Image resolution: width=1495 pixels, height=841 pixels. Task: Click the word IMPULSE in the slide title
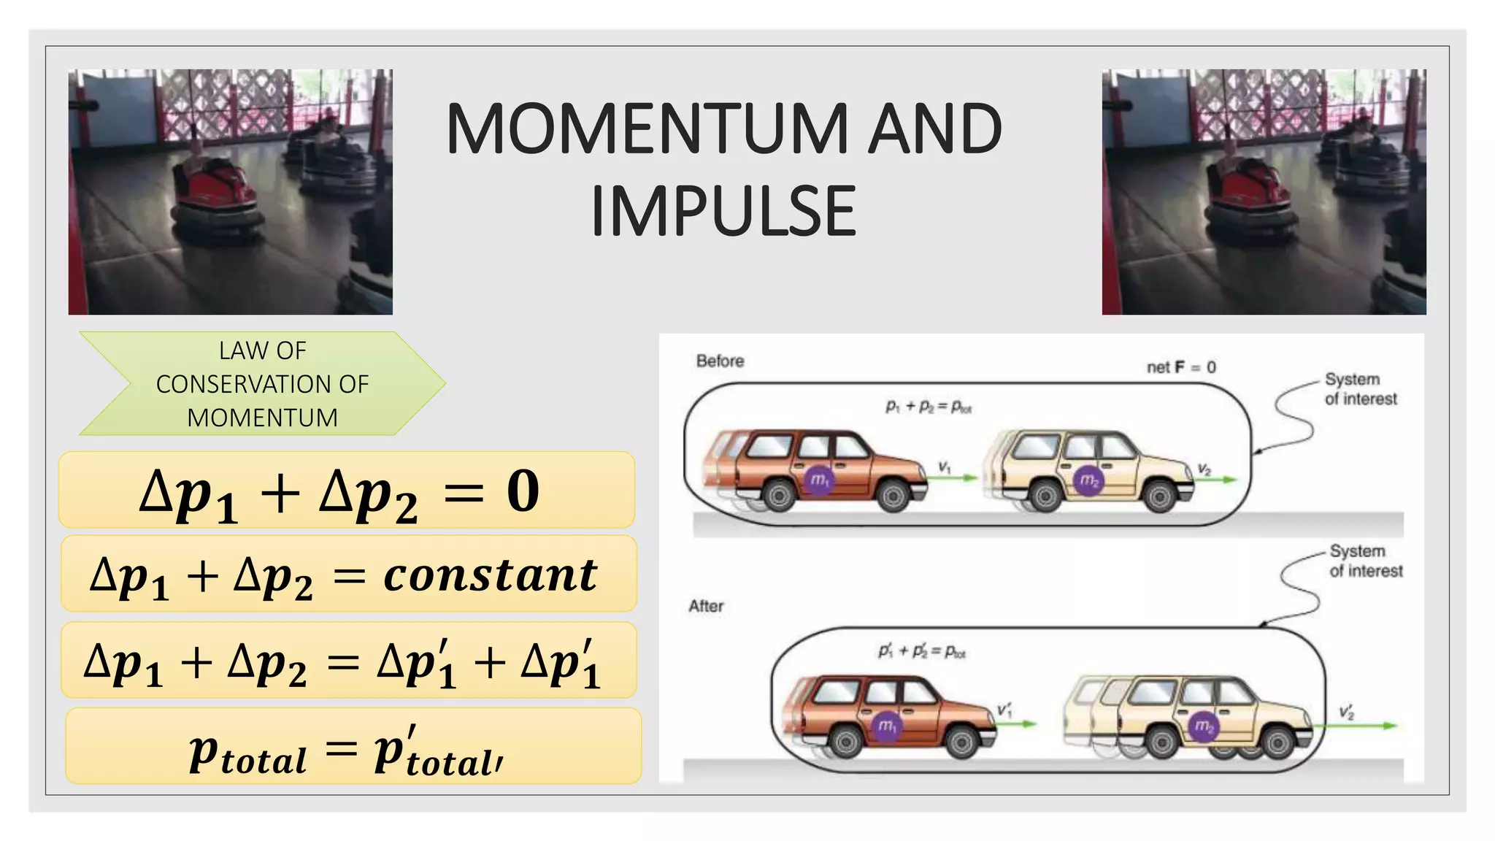point(723,212)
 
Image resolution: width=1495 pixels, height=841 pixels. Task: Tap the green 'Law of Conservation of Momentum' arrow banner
point(262,384)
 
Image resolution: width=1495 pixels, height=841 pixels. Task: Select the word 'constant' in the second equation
point(490,575)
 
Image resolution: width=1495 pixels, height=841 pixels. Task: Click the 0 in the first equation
point(523,491)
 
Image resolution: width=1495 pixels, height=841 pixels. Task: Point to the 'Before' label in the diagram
point(720,361)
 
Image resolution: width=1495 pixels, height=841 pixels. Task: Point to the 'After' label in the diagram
point(706,606)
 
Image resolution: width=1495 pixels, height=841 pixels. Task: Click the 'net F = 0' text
point(1180,367)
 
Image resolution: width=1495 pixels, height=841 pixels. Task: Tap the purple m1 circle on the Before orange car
point(820,480)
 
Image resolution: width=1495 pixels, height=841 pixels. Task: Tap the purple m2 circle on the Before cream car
point(1088,480)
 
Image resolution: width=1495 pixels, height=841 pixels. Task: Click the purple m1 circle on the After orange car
point(886,726)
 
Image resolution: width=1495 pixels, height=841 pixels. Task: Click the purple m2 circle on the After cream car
point(1203,726)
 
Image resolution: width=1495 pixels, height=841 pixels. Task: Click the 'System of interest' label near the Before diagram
point(1360,389)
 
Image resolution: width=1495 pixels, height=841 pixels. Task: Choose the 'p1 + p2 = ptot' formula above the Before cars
point(928,407)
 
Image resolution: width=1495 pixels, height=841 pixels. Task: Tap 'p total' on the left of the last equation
point(247,753)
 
